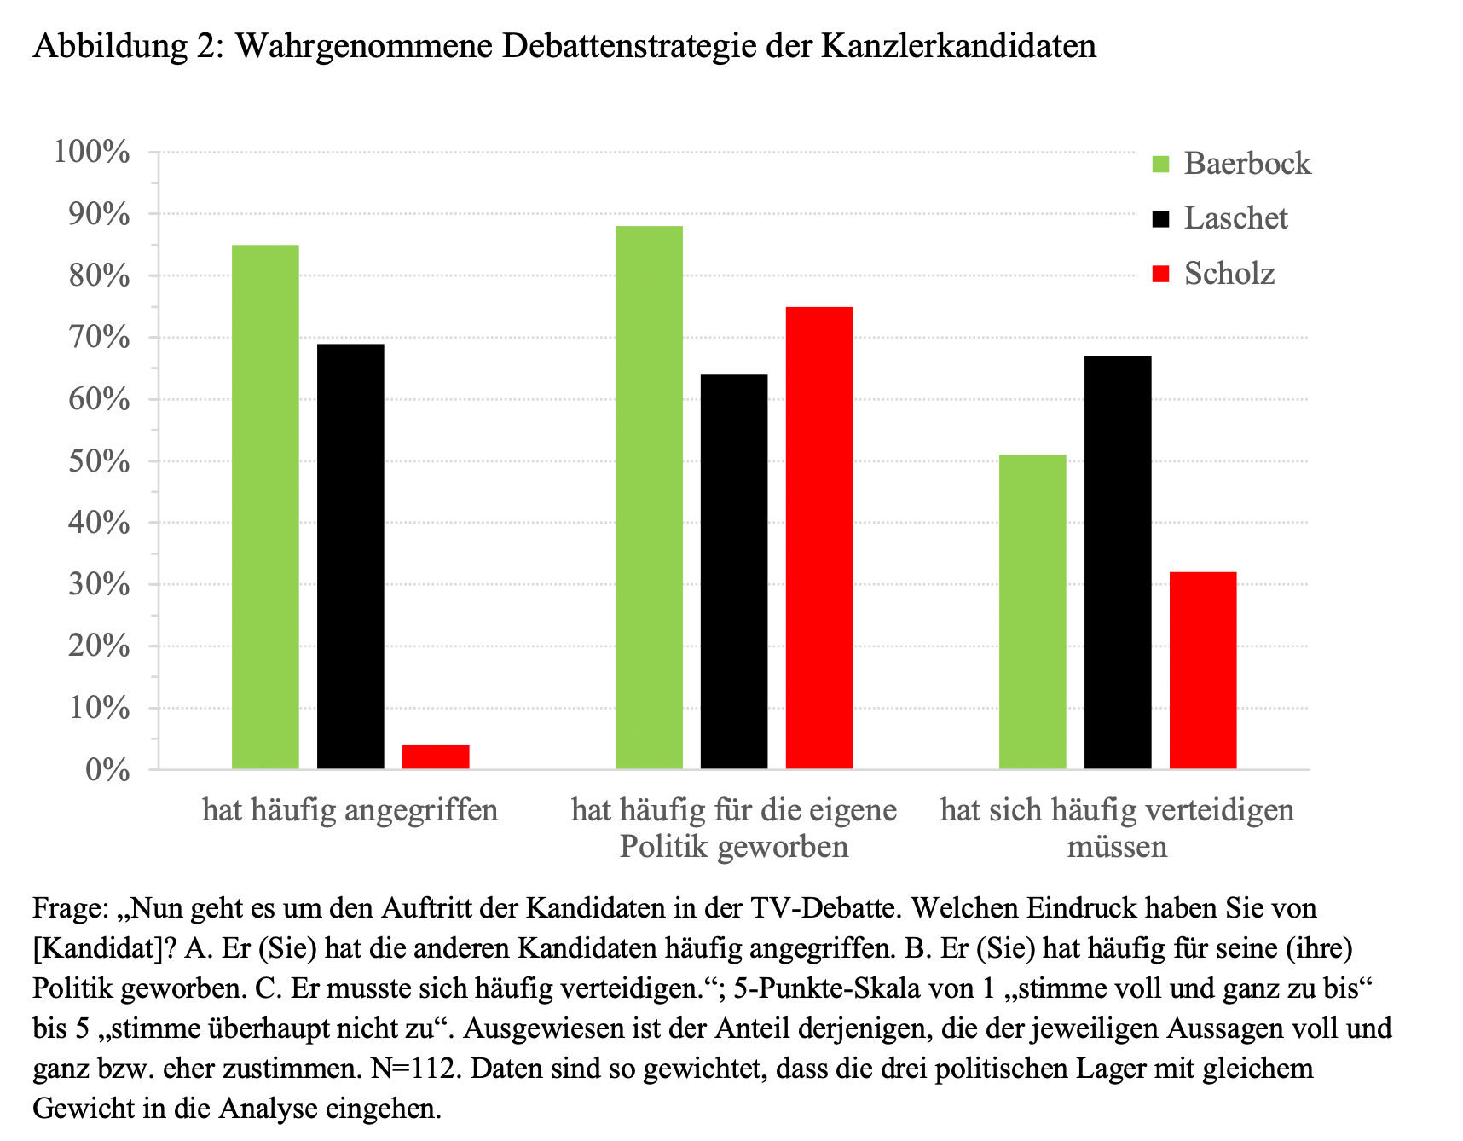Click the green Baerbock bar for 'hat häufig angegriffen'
[265, 507]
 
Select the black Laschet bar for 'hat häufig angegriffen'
[350, 556]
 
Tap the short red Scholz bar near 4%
[436, 757]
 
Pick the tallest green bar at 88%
[649, 497]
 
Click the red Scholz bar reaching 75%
[819, 537]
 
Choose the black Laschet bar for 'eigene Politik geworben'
[734, 571]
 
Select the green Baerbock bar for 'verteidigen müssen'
[1032, 611]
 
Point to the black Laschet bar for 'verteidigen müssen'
[1118, 563]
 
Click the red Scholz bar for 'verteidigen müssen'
[1203, 670]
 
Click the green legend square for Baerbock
[1161, 164]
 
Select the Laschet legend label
[1235, 218]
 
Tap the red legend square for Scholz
[1161, 274]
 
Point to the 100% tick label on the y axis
[92, 153]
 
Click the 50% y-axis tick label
[99, 461]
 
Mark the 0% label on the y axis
[107, 770]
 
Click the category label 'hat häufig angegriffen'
[350, 809]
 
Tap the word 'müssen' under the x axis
[1117, 847]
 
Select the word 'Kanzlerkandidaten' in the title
[958, 45]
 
